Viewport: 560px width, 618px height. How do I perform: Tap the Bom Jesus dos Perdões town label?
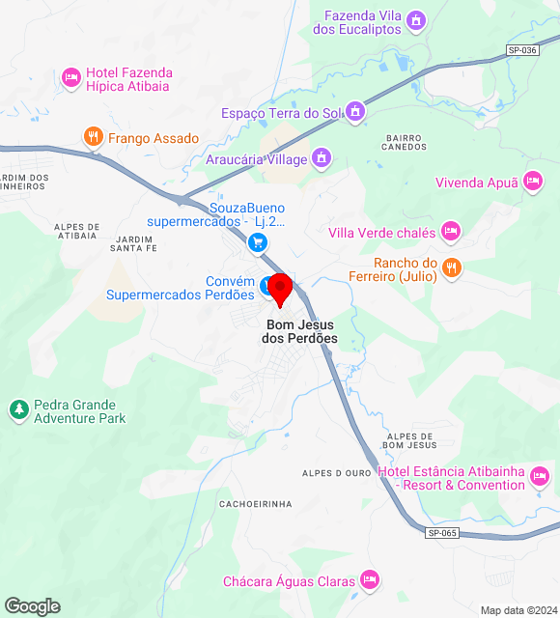coord(302,332)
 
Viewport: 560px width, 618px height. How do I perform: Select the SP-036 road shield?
coord(521,51)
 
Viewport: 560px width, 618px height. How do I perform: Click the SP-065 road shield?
coord(441,533)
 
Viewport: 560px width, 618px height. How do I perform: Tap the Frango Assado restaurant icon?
coord(94,138)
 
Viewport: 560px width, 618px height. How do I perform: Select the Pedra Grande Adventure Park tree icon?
coord(18,410)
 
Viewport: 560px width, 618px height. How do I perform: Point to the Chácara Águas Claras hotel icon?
coord(369,580)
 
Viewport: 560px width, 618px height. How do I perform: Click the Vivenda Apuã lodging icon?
coord(533,181)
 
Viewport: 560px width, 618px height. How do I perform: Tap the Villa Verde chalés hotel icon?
coord(450,231)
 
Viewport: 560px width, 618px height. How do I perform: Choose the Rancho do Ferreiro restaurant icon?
coord(451,267)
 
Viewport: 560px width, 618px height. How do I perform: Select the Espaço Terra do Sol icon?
coord(356,113)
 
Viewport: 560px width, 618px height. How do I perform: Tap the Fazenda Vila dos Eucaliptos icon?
coord(416,20)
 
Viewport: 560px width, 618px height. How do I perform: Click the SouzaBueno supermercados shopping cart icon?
coord(257,242)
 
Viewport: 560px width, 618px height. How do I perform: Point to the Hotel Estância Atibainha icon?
coord(540,476)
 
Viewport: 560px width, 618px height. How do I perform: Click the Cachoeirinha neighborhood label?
coord(256,504)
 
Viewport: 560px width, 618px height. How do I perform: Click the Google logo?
coord(32,606)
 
